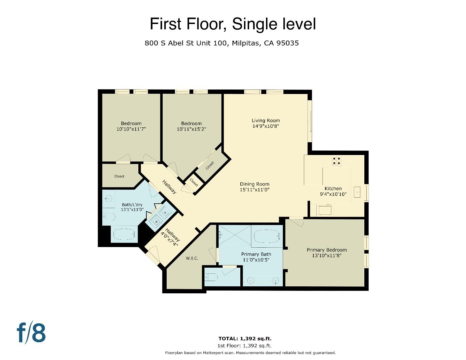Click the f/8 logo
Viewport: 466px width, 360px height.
click(x=31, y=332)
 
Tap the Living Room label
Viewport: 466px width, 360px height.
click(x=266, y=121)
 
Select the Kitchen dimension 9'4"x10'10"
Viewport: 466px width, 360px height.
click(x=333, y=194)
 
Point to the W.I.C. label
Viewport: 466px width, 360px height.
click(x=192, y=258)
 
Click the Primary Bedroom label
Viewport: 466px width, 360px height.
click(x=327, y=250)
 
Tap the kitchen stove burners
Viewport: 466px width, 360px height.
click(x=337, y=161)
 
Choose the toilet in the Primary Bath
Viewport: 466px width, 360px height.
click(x=211, y=277)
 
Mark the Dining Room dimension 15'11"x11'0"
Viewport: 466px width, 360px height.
click(x=255, y=190)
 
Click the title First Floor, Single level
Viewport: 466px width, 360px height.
click(x=233, y=24)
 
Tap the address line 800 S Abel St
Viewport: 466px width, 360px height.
click(x=222, y=43)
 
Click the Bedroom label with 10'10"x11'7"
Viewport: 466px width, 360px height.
click(x=131, y=123)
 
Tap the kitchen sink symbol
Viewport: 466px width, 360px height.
click(x=357, y=192)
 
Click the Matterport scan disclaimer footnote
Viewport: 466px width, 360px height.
click(x=250, y=353)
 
